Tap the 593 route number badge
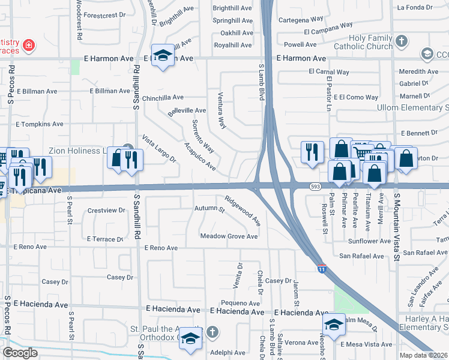point(315,187)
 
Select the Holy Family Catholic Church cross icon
point(402,41)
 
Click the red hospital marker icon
point(28,45)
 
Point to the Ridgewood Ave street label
point(243,211)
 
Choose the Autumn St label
point(209,209)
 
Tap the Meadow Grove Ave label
point(229,236)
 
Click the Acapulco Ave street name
point(200,157)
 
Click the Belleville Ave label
point(187,111)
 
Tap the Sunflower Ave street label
point(370,241)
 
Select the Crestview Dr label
point(106,211)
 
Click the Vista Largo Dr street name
point(158,149)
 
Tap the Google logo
point(20,352)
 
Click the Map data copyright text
point(426,355)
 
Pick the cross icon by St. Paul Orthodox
point(212,332)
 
